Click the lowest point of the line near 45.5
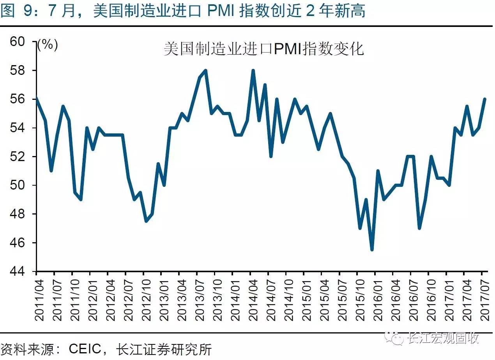tap(372, 250)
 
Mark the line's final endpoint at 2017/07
tap(485, 99)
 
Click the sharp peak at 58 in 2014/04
tap(253, 71)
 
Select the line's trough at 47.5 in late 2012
tap(146, 221)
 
